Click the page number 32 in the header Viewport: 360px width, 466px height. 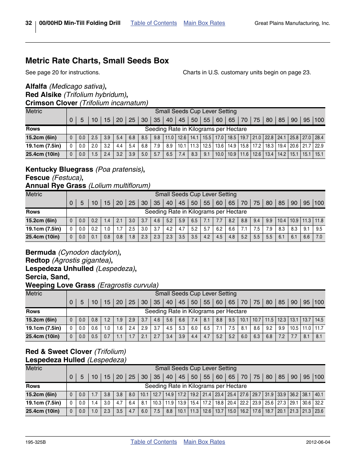point(29,23)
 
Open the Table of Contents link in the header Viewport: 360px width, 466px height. point(154,23)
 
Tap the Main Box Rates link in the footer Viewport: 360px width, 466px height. point(204,442)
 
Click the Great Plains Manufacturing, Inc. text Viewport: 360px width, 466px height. point(292,23)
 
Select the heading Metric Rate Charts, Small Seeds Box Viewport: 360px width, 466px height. point(97,61)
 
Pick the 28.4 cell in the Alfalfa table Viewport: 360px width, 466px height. point(319,138)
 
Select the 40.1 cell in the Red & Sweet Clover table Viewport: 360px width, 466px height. point(319,395)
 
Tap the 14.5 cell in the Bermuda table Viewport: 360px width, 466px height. point(319,320)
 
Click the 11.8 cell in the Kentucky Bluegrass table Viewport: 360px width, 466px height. point(319,221)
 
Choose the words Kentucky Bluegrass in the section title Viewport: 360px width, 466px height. point(59,169)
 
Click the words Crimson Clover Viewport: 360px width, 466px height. point(51,103)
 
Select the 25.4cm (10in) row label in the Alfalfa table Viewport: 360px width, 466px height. point(43,154)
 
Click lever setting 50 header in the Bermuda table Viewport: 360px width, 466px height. point(194,302)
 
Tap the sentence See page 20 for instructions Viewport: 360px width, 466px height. point(63,72)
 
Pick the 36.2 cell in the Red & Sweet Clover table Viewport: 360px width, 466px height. point(294,395)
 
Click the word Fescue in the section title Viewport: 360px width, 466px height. point(37,178)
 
